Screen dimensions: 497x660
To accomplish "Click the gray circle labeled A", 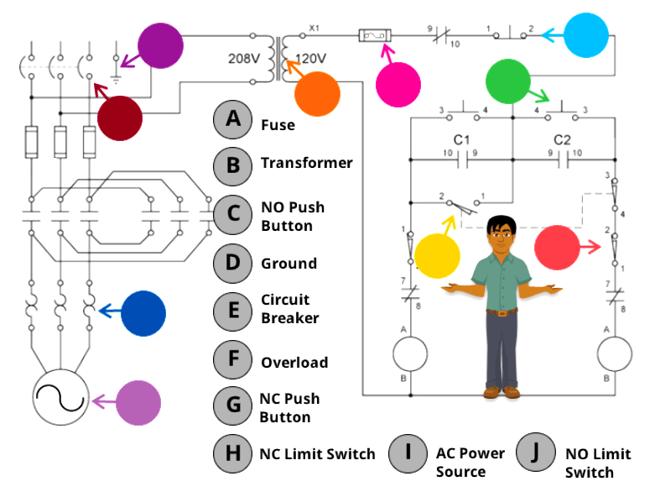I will point(233,119).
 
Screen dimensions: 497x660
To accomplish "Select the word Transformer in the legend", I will point(306,163).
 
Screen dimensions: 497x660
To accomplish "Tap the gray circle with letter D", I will point(233,263).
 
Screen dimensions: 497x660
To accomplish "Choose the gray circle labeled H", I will point(233,454).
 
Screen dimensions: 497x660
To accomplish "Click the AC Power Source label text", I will point(470,463).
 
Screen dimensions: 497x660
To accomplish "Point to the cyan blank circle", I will point(586,35).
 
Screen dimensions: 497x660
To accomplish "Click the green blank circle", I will point(508,81).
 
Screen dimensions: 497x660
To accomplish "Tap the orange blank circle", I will point(317,93).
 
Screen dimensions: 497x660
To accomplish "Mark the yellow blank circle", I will point(438,256).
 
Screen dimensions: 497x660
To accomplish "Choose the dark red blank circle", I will point(120,118).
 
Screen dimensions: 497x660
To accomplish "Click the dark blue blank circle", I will point(143,314).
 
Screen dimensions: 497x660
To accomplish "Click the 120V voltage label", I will point(313,60).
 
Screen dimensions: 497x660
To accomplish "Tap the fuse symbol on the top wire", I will point(375,35).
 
